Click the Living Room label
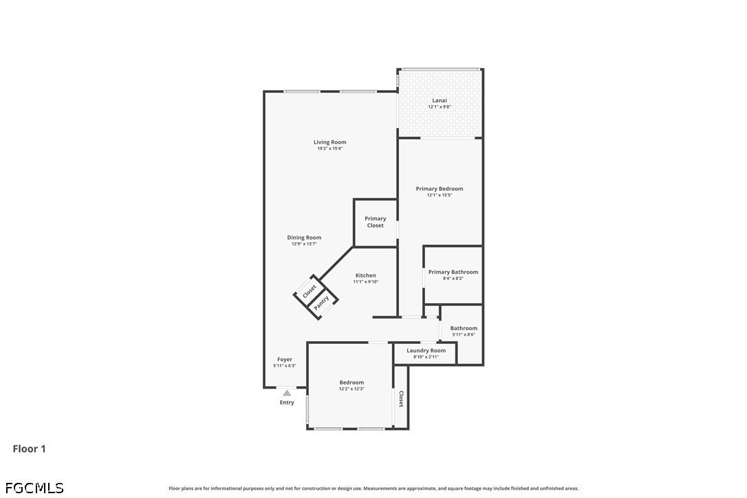(x=329, y=142)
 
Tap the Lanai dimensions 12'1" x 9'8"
(x=440, y=107)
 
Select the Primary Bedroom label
(x=440, y=188)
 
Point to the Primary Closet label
(x=376, y=222)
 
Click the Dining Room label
(x=304, y=237)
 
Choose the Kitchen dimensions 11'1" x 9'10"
(x=366, y=281)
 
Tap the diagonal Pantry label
(x=322, y=302)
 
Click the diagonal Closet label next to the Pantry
(x=309, y=291)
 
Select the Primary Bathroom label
(x=453, y=272)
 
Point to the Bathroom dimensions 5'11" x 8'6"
(x=464, y=334)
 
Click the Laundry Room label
(x=426, y=350)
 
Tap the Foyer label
(x=285, y=359)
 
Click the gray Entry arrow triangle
(x=287, y=393)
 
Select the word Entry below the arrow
(x=287, y=402)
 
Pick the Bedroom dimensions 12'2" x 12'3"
(x=351, y=389)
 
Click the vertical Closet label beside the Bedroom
(x=401, y=399)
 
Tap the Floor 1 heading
(x=29, y=448)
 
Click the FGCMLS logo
(x=34, y=488)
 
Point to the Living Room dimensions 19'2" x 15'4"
(x=329, y=149)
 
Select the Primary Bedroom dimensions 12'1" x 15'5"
(x=440, y=195)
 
